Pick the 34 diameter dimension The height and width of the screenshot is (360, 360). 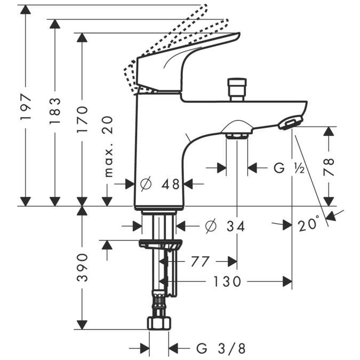coord(233,227)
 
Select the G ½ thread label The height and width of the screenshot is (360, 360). coord(289,169)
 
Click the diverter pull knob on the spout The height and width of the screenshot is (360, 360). coord(235,89)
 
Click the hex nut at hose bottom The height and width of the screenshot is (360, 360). coord(159,324)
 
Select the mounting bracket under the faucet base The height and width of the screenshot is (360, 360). coord(160,245)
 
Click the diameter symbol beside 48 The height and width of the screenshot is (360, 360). coord(147,185)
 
